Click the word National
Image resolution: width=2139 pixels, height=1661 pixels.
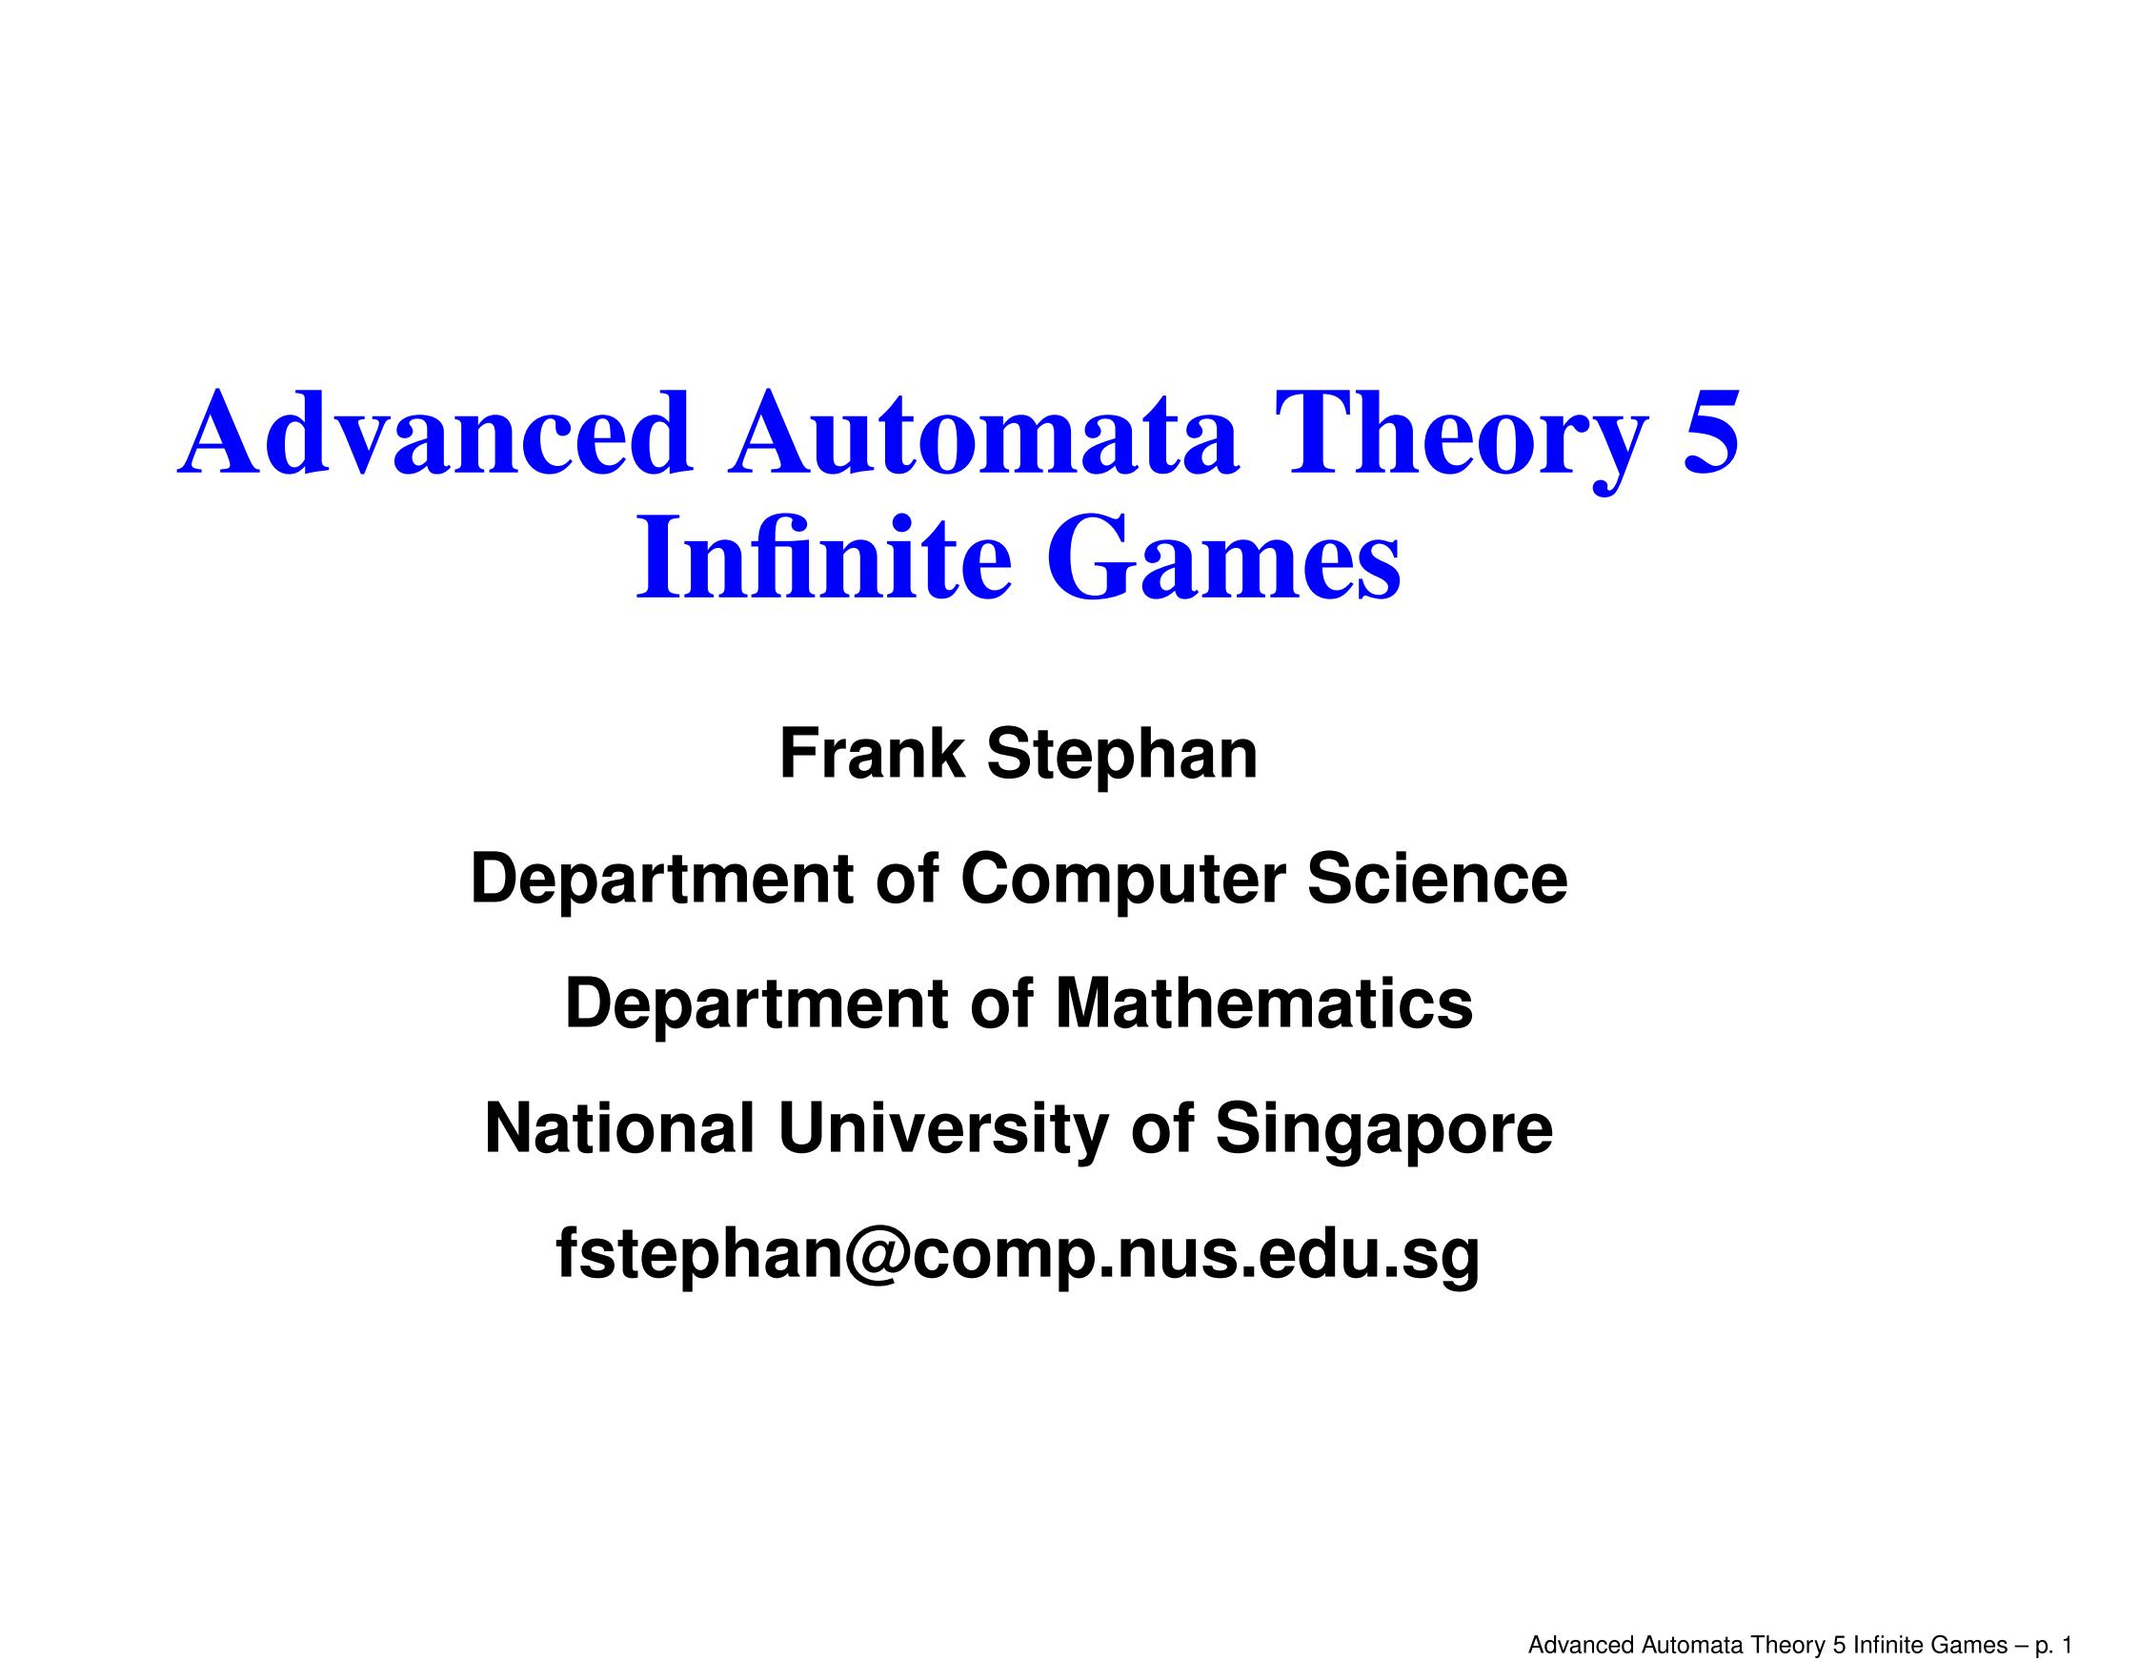click(620, 1128)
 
